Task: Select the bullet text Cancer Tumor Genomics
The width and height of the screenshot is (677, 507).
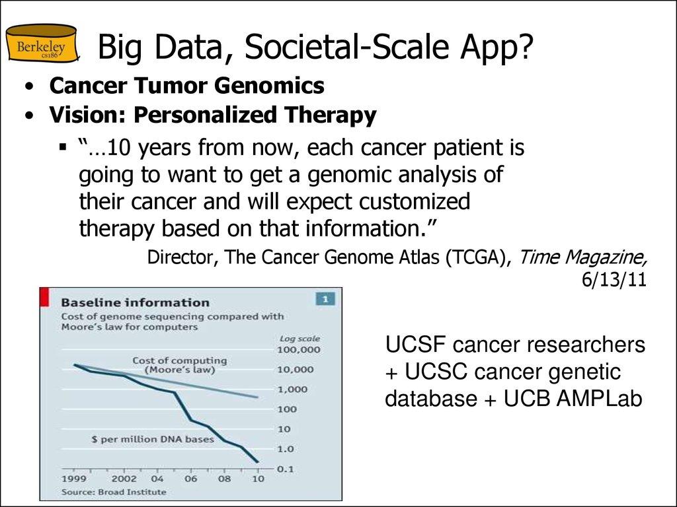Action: click(x=187, y=86)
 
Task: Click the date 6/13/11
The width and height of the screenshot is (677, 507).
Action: click(x=613, y=279)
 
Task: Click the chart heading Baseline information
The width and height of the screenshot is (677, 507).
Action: click(x=135, y=302)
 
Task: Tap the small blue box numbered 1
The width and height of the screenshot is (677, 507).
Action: click(x=324, y=299)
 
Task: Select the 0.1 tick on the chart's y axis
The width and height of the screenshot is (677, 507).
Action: click(x=285, y=469)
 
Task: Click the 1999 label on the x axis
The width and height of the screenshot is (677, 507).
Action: click(x=73, y=479)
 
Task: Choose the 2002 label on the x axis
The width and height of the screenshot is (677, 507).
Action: click(x=124, y=479)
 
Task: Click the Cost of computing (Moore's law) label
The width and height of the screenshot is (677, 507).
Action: click(x=179, y=365)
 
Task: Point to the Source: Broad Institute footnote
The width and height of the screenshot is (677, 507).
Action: click(x=114, y=492)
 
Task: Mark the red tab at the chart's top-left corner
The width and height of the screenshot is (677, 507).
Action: click(x=44, y=296)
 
